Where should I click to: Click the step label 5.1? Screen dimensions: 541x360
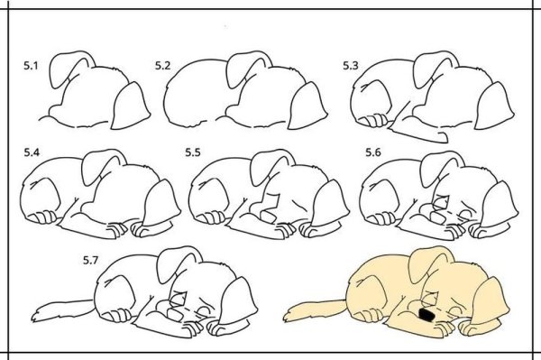coord(31,66)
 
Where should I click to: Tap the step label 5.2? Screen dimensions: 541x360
coord(162,66)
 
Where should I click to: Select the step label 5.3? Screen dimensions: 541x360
coord(351,66)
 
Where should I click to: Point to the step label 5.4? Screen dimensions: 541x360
coord(32,152)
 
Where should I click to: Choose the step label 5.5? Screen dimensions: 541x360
coord(193,152)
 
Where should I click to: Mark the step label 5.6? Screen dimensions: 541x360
coord(373,152)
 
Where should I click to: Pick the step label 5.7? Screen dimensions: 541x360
coord(90,260)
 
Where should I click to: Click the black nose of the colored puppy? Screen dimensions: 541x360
coord(426,314)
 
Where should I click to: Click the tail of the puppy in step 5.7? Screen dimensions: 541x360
coord(62,309)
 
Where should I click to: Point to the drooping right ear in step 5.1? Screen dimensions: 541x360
coord(131,106)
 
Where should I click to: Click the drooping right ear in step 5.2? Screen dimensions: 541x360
coord(307,106)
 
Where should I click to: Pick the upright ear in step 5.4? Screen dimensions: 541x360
coord(103,167)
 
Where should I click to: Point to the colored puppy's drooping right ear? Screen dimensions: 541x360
coord(490,300)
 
